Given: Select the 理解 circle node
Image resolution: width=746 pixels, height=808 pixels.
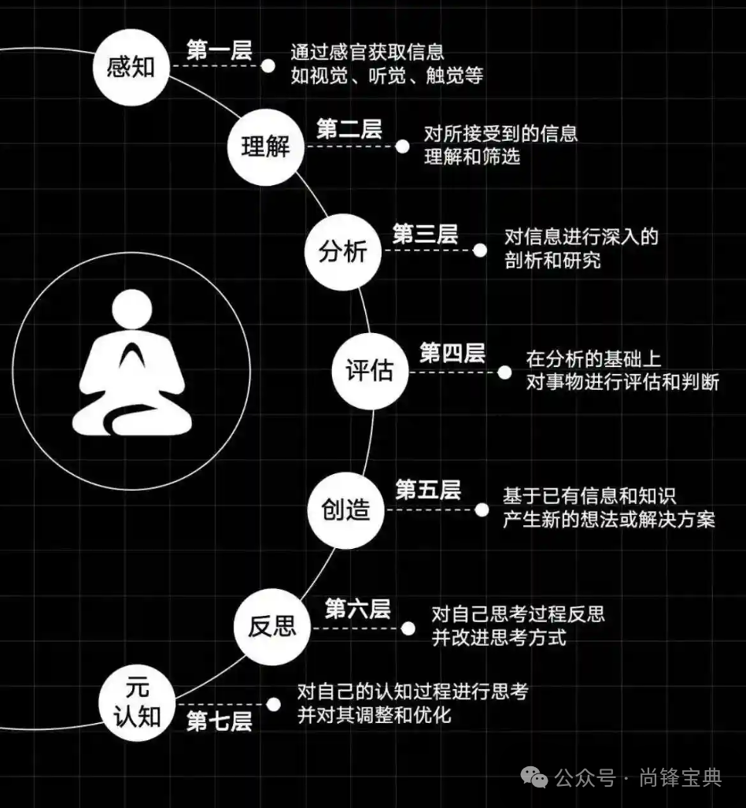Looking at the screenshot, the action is click(265, 147).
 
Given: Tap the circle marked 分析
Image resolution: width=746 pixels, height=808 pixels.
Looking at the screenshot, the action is click(342, 252).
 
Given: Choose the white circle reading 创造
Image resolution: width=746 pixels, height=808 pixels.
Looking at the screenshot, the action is click(345, 510).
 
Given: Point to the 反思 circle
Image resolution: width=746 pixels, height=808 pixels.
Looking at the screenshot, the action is click(272, 626).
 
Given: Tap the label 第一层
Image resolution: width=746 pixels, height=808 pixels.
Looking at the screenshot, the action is click(219, 50).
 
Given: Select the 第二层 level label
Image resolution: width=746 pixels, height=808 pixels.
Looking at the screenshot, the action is click(349, 130).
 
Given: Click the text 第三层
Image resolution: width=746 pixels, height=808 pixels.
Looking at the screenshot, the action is click(425, 234).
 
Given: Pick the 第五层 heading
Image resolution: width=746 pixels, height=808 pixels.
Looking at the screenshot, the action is click(428, 491).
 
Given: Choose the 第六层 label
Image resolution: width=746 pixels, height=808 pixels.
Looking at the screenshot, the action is click(357, 609).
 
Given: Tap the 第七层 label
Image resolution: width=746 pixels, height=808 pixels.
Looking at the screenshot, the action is click(219, 721).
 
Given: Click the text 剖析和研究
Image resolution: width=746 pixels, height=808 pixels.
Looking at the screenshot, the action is click(552, 259).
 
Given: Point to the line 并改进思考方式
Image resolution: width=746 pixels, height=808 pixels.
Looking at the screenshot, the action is click(499, 637).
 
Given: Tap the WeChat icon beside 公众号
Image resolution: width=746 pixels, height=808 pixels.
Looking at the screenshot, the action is click(537, 778).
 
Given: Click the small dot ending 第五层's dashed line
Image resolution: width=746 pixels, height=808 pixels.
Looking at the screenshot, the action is click(482, 510).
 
